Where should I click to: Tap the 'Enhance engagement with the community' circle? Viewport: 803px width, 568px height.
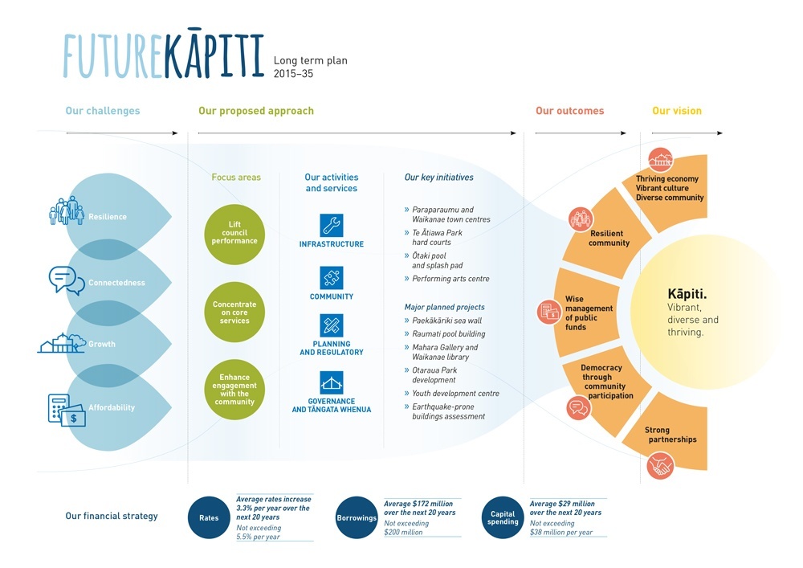(x=234, y=389)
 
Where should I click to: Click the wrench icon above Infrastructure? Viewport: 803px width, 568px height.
(x=331, y=225)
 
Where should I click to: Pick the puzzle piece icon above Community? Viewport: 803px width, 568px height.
(x=331, y=278)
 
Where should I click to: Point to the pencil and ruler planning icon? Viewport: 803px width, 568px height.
(x=331, y=326)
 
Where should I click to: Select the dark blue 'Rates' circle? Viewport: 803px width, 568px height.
(x=209, y=518)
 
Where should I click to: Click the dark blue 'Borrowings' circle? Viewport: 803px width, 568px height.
(x=357, y=518)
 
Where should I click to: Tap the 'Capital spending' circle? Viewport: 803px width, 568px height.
(x=503, y=518)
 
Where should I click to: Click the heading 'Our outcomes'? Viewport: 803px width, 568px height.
(x=569, y=111)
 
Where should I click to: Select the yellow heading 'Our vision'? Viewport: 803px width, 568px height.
(x=676, y=111)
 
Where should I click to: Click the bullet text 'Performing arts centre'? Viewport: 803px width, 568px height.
(x=450, y=279)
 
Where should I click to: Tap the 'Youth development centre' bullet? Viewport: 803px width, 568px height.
(x=455, y=394)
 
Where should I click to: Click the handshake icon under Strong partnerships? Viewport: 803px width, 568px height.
(x=660, y=465)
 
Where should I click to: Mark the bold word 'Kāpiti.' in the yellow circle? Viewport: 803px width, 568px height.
(x=687, y=294)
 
